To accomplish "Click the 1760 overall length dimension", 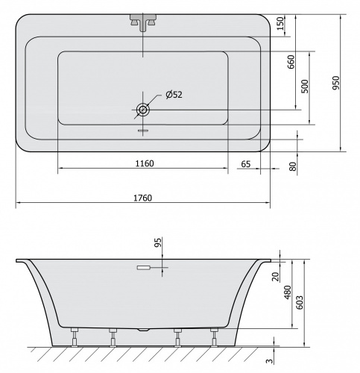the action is [x=142, y=198].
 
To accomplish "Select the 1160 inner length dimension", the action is [x=145, y=163].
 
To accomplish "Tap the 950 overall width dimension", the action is [x=336, y=83].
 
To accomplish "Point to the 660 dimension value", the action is [x=291, y=62].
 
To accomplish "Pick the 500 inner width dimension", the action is [x=305, y=87].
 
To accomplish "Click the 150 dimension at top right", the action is [x=280, y=23].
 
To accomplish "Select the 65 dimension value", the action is [x=246, y=164].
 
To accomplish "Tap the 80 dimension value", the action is [x=293, y=166].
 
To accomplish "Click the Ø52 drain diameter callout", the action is [x=174, y=95].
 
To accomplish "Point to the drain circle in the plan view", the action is [x=143, y=110].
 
